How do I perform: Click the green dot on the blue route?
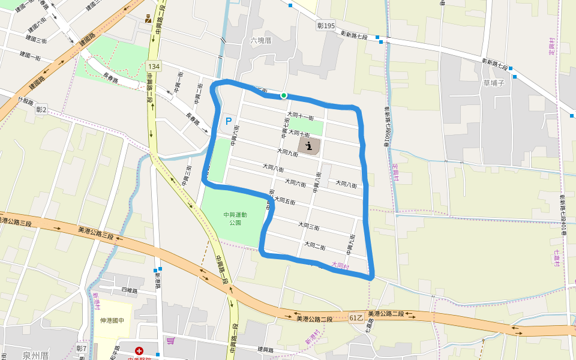pyautogui.click(x=284, y=95)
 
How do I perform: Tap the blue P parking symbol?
pyautogui.click(x=229, y=121)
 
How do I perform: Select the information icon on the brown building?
pyautogui.click(x=309, y=145)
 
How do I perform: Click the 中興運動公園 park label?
pyautogui.click(x=232, y=218)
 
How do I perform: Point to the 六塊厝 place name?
pyautogui.click(x=261, y=41)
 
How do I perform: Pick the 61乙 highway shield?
pyautogui.click(x=356, y=317)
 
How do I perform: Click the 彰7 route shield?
pyautogui.click(x=82, y=349)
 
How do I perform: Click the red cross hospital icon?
pyautogui.click(x=139, y=350)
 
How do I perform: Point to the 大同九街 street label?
pyautogui.click(x=287, y=153)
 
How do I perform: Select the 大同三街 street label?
pyautogui.click(x=308, y=226)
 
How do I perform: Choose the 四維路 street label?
pyautogui.click(x=129, y=290)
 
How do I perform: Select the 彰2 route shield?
pyautogui.click(x=41, y=109)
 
